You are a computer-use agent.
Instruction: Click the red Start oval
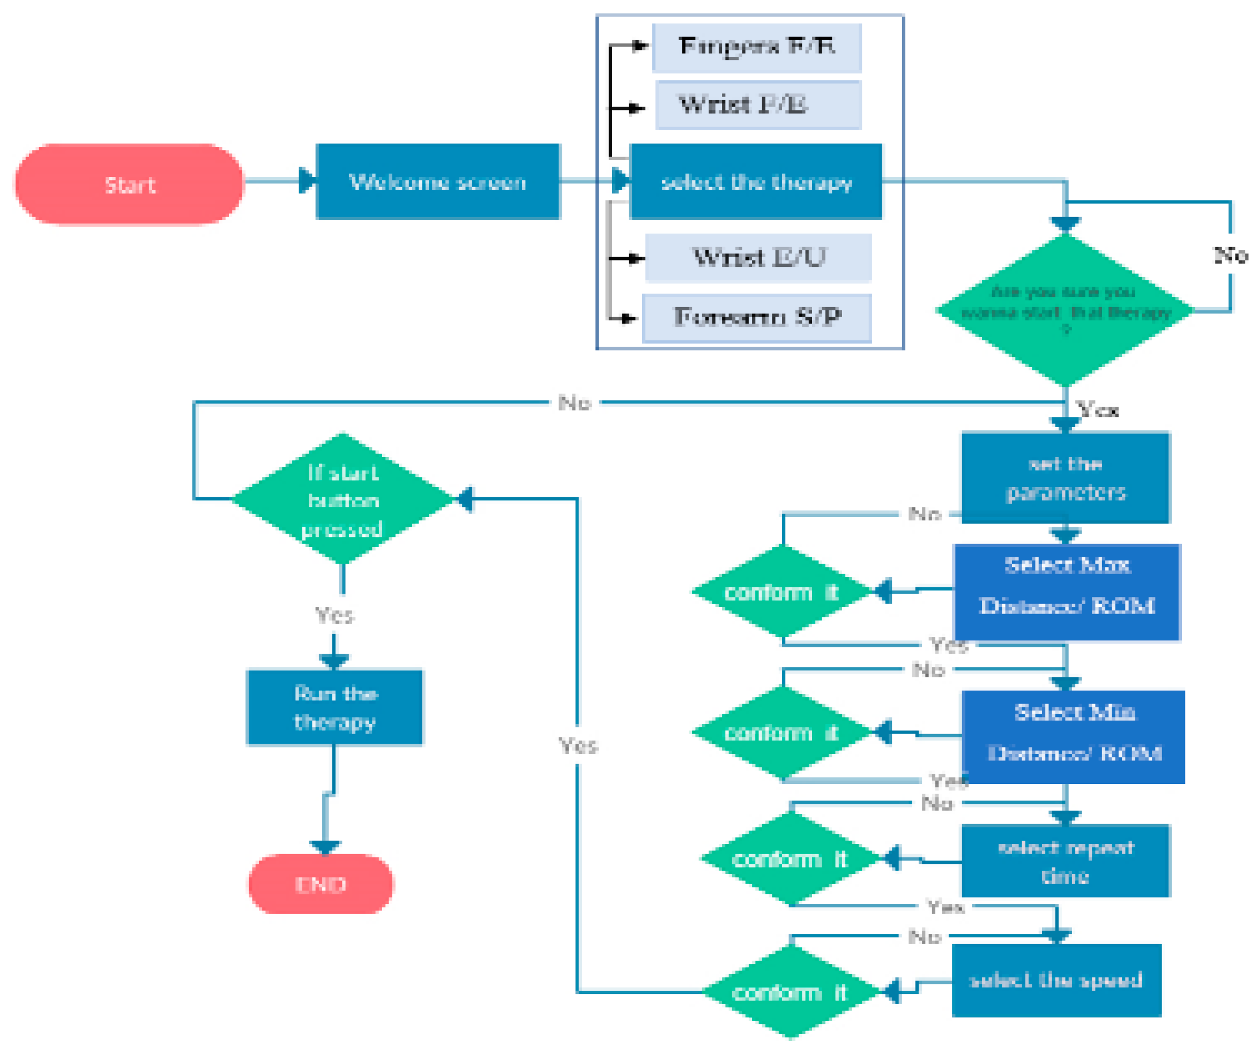coord(129,184)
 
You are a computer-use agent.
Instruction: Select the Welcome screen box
coord(438,182)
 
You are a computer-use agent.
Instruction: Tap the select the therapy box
coord(756,182)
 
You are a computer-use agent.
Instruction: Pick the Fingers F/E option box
coord(757,47)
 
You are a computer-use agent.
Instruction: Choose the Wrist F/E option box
coord(758,106)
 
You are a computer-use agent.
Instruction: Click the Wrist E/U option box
coord(758,258)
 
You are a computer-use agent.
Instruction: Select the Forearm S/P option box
coord(757,318)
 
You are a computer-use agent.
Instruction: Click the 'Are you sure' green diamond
coord(1065,310)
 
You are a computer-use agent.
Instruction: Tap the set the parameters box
coord(1065,477)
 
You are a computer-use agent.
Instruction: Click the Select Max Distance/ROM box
coord(1067,592)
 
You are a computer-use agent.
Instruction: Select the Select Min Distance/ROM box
coord(1074,737)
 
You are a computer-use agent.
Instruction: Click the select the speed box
coord(1056,981)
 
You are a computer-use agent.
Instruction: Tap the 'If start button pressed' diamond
coord(343,499)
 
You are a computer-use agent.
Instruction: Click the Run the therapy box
coord(335,707)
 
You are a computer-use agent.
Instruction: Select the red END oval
coord(321,884)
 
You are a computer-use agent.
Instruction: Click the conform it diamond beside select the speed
coord(791,992)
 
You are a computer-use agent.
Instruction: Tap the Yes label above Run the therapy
coord(334,615)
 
